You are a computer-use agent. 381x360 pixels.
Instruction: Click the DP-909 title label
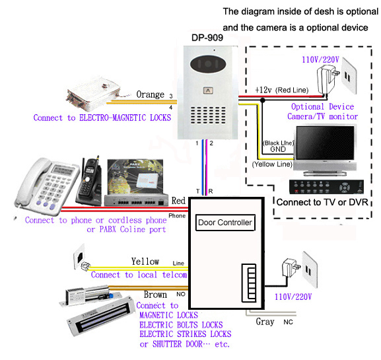pyautogui.click(x=207, y=38)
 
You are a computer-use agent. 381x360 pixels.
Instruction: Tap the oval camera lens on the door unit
pyautogui.click(x=208, y=64)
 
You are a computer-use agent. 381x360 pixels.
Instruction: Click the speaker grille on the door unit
pyautogui.click(x=208, y=114)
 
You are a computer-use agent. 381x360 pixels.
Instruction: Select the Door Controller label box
pyautogui.click(x=225, y=223)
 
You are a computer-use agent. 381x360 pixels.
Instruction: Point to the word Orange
pyautogui.click(x=150, y=94)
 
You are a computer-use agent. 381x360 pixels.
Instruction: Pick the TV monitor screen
pyautogui.click(x=326, y=143)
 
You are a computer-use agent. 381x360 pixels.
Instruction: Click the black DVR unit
pyautogui.click(x=326, y=187)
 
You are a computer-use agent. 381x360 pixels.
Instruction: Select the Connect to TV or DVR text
pyautogui.click(x=322, y=202)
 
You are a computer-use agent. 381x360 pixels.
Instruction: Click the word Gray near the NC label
pyautogui.click(x=265, y=322)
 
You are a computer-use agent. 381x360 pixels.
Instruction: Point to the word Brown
pyautogui.click(x=155, y=295)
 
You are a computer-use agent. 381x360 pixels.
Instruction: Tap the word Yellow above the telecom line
pyautogui.click(x=145, y=262)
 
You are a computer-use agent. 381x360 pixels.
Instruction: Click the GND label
pyautogui.click(x=278, y=149)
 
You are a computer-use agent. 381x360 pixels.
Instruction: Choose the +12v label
pyautogui.click(x=263, y=90)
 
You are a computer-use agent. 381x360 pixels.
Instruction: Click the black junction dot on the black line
pyautogui.click(x=262, y=100)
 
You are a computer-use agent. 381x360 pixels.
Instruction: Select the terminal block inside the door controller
pyautogui.click(x=249, y=283)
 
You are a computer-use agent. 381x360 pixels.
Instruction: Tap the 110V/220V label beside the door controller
pyautogui.click(x=293, y=297)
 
